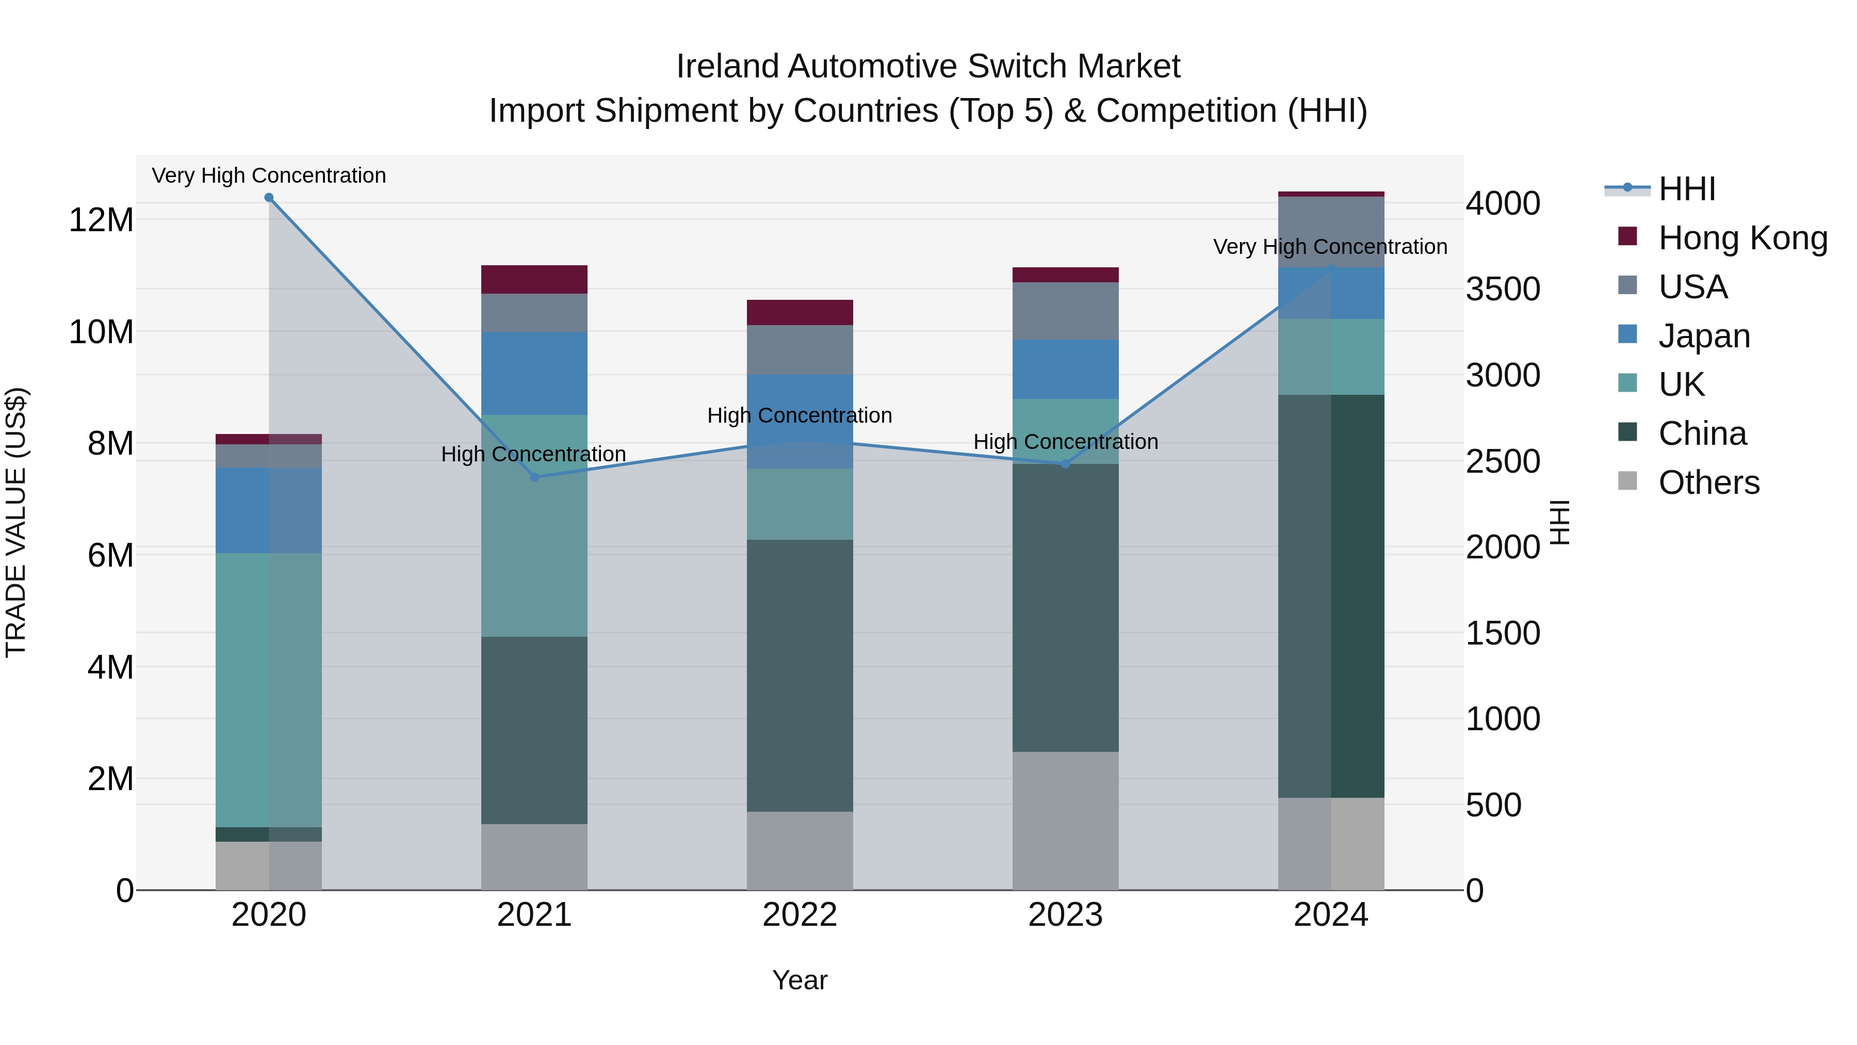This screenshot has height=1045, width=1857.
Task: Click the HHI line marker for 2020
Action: click(x=269, y=198)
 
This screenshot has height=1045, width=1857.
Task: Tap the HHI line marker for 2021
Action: click(x=534, y=477)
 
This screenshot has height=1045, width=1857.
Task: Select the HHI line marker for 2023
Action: click(x=1066, y=464)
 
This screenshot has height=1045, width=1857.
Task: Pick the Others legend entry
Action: click(x=1708, y=483)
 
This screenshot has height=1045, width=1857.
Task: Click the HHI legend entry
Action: click(x=1686, y=189)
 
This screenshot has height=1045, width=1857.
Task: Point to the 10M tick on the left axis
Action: click(x=101, y=332)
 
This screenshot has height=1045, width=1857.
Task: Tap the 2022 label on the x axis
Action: click(x=800, y=915)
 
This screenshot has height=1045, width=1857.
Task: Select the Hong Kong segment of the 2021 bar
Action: click(x=534, y=279)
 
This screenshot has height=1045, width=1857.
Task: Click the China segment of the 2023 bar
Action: click(x=1066, y=607)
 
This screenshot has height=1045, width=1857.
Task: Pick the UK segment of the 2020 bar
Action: click(x=268, y=689)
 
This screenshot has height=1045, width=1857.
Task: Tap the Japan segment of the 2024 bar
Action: click(x=1331, y=294)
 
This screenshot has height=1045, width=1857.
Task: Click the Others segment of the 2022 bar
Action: click(x=800, y=850)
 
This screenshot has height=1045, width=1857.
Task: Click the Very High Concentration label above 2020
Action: click(x=269, y=175)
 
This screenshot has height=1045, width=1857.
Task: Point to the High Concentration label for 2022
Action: click(x=800, y=415)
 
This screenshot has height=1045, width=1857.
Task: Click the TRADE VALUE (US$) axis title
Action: click(x=16, y=522)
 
